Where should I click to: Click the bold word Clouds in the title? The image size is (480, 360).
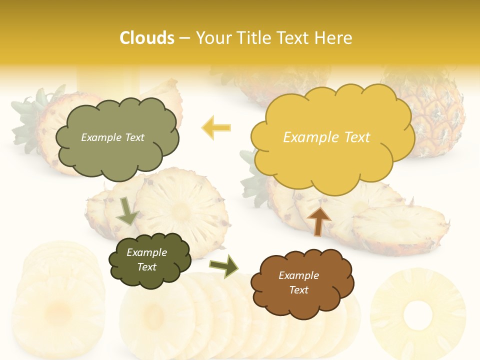coord(147,38)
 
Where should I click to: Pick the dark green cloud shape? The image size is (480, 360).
coord(149,260)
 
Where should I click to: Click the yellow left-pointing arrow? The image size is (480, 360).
coord(216,127)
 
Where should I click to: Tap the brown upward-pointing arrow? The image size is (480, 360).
coord(319,220)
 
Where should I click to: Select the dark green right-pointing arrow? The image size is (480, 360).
coord(224,265)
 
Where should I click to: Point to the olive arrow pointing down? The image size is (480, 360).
coord(127,210)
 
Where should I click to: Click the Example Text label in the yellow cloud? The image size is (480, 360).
coord(326,137)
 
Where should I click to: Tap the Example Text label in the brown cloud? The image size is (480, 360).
coord(298,282)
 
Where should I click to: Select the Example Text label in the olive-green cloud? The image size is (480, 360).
coord(112,137)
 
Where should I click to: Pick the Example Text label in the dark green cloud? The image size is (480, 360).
coord(146,260)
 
